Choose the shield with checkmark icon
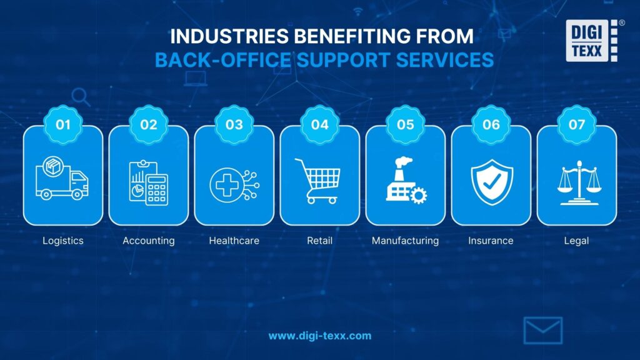pyautogui.click(x=491, y=181)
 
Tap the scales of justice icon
pyautogui.click(x=576, y=182)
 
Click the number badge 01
pyautogui.click(x=63, y=124)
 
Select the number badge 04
pyautogui.click(x=319, y=124)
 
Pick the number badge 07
pyautogui.click(x=576, y=124)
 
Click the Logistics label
pyautogui.click(x=62, y=241)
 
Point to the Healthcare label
pyautogui.click(x=234, y=241)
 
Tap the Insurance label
pyautogui.click(x=491, y=241)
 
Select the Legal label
pyautogui.click(x=576, y=241)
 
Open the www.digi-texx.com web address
pyautogui.click(x=319, y=336)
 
